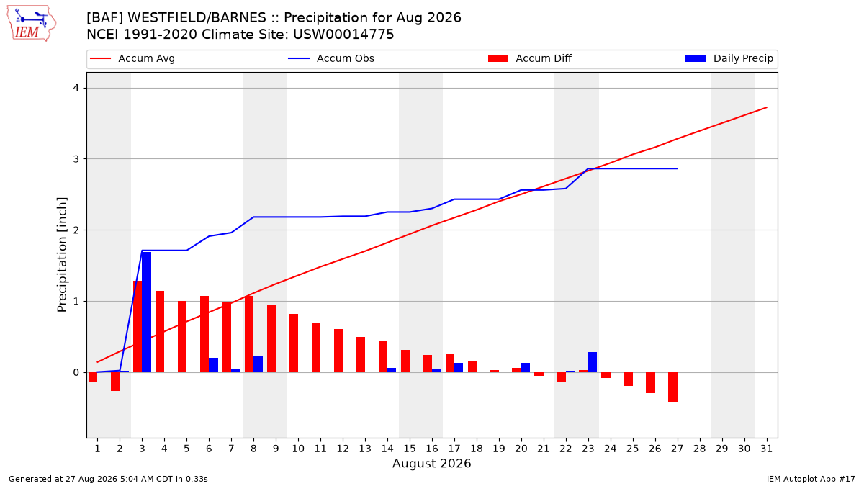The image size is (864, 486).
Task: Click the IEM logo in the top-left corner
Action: pyautogui.click(x=31, y=24)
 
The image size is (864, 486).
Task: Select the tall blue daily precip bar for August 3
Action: pyautogui.click(x=147, y=312)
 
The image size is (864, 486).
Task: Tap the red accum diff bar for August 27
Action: pyautogui.click(x=672, y=387)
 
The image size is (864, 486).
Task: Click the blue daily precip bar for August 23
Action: pyautogui.click(x=593, y=362)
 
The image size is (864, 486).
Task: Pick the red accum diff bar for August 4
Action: pyautogui.click(x=160, y=332)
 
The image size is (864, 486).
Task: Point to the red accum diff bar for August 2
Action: pyautogui.click(x=115, y=382)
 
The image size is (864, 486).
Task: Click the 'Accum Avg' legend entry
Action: pyautogui.click(x=132, y=58)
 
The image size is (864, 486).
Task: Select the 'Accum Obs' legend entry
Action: pyautogui.click(x=331, y=58)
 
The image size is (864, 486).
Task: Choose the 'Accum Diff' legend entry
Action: pyautogui.click(x=530, y=58)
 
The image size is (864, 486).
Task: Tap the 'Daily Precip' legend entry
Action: pyautogui.click(x=729, y=58)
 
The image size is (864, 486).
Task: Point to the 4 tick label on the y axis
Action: pyautogui.click(x=76, y=89)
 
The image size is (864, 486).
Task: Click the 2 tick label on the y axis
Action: pyautogui.click(x=76, y=230)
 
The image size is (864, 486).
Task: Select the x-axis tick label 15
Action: pyautogui.click(x=410, y=449)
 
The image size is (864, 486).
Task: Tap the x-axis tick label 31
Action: pyautogui.click(x=766, y=449)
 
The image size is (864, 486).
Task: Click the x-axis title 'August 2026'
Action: pyautogui.click(x=431, y=463)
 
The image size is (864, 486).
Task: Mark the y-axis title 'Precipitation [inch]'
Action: pyautogui.click(x=62, y=255)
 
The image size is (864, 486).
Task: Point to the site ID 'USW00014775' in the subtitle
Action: pyautogui.click(x=343, y=35)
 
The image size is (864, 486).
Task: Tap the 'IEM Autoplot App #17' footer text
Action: pyautogui.click(x=811, y=479)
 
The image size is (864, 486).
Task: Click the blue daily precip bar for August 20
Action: pyautogui.click(x=526, y=368)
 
